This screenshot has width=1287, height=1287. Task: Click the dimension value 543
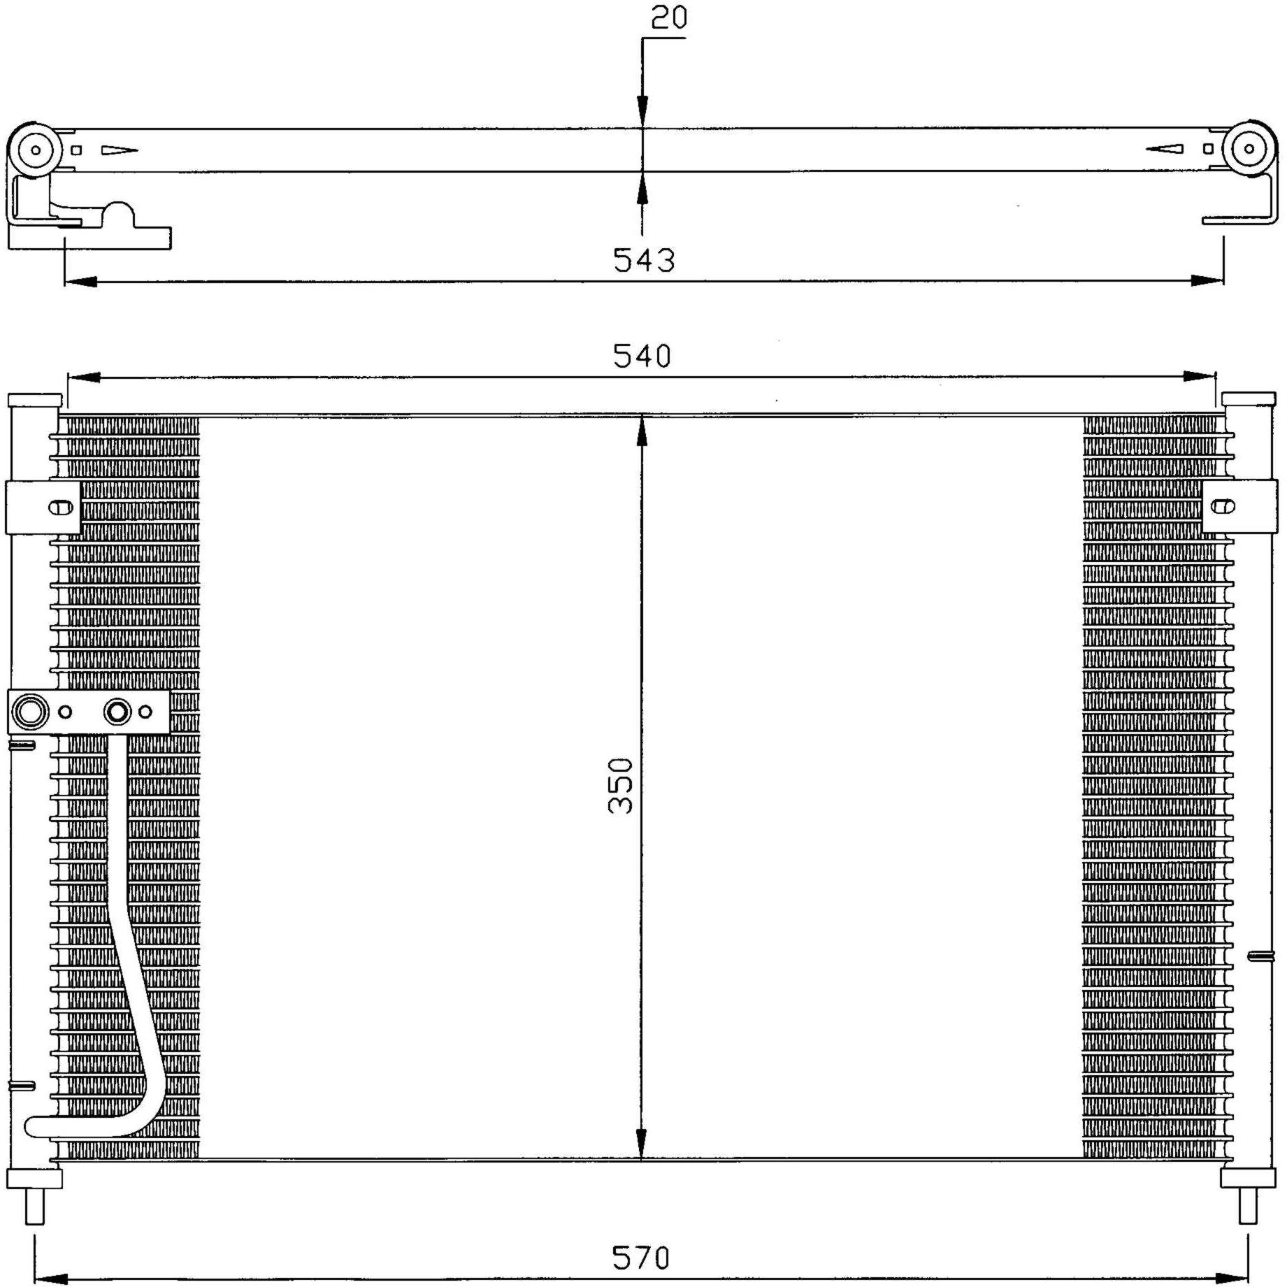(644, 260)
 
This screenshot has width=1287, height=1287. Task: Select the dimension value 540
(642, 356)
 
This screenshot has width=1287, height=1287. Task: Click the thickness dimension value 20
(669, 17)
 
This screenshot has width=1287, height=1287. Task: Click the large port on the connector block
(30, 712)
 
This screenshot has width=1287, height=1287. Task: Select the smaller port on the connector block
(117, 712)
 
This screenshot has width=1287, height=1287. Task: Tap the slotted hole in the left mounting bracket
(61, 507)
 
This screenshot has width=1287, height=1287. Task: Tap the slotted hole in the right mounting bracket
(1223, 506)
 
